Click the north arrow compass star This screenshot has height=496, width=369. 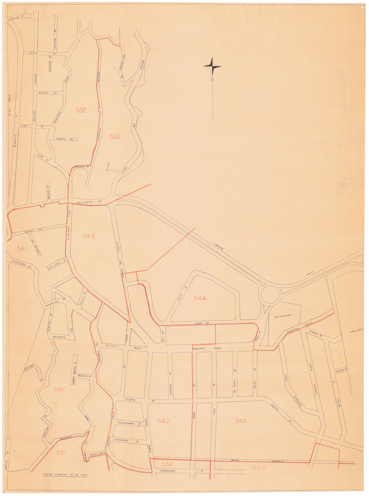pyautogui.click(x=212, y=66)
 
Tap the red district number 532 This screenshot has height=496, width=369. pyautogui.click(x=81, y=110)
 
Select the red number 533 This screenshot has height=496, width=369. pyautogui.click(x=114, y=137)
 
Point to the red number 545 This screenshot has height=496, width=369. pyautogui.click(x=89, y=236)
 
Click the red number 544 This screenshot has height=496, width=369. pyautogui.click(x=200, y=298)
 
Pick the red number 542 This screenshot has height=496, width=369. pyautogui.click(x=163, y=421)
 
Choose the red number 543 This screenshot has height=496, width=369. pyautogui.click(x=241, y=421)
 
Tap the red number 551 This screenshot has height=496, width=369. pyautogui.click(x=61, y=453)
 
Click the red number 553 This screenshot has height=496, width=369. pyautogui.click(x=259, y=467)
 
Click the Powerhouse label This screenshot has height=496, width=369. pyautogui.click(x=283, y=315)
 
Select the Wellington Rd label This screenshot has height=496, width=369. pyautogui.click(x=85, y=202)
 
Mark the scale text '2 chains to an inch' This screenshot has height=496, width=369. pyautogui.click(x=65, y=475)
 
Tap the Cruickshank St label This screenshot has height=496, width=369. pyautogui.click(x=128, y=423)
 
